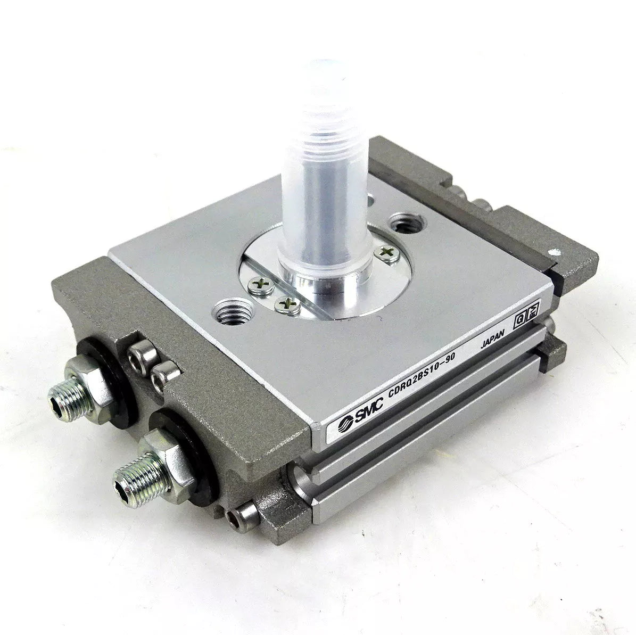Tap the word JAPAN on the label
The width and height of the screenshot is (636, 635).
coord(492,339)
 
